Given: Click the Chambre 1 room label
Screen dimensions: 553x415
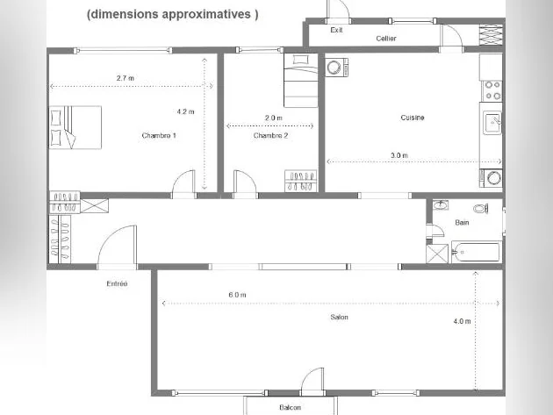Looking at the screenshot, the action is [x=159, y=136].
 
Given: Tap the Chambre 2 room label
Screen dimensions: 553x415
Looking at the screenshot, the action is [x=270, y=136].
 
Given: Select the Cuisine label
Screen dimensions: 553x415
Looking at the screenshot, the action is [x=413, y=118].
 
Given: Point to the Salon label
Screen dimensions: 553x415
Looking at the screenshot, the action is [x=340, y=318].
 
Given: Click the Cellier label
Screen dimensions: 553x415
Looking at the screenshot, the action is [x=386, y=39].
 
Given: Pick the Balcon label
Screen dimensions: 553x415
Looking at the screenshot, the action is [x=290, y=408].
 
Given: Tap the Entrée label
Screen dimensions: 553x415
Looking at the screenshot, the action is [x=117, y=283].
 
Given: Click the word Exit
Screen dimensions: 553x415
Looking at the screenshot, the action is [x=336, y=31].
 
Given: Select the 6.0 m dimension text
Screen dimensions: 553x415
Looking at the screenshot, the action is [x=237, y=295].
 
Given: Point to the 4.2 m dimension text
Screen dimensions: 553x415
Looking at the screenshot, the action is [x=185, y=111].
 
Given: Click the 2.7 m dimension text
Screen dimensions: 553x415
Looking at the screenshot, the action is [x=126, y=78].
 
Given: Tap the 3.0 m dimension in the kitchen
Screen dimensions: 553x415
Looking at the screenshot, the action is [x=399, y=155].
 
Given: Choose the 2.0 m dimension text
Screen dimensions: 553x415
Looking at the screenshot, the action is [x=274, y=118].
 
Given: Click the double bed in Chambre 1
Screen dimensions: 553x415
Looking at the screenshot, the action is [x=75, y=127].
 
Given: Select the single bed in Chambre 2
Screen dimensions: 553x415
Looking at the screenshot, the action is [x=301, y=80].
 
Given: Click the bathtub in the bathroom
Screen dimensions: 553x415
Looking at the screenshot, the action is [x=476, y=252].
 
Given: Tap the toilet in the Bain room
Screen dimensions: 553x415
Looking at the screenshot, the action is [x=481, y=209].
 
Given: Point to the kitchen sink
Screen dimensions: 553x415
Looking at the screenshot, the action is [x=492, y=122].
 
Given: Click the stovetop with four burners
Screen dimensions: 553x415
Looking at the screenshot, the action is [x=492, y=90].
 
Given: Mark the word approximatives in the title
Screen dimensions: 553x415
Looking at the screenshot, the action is [x=206, y=14].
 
